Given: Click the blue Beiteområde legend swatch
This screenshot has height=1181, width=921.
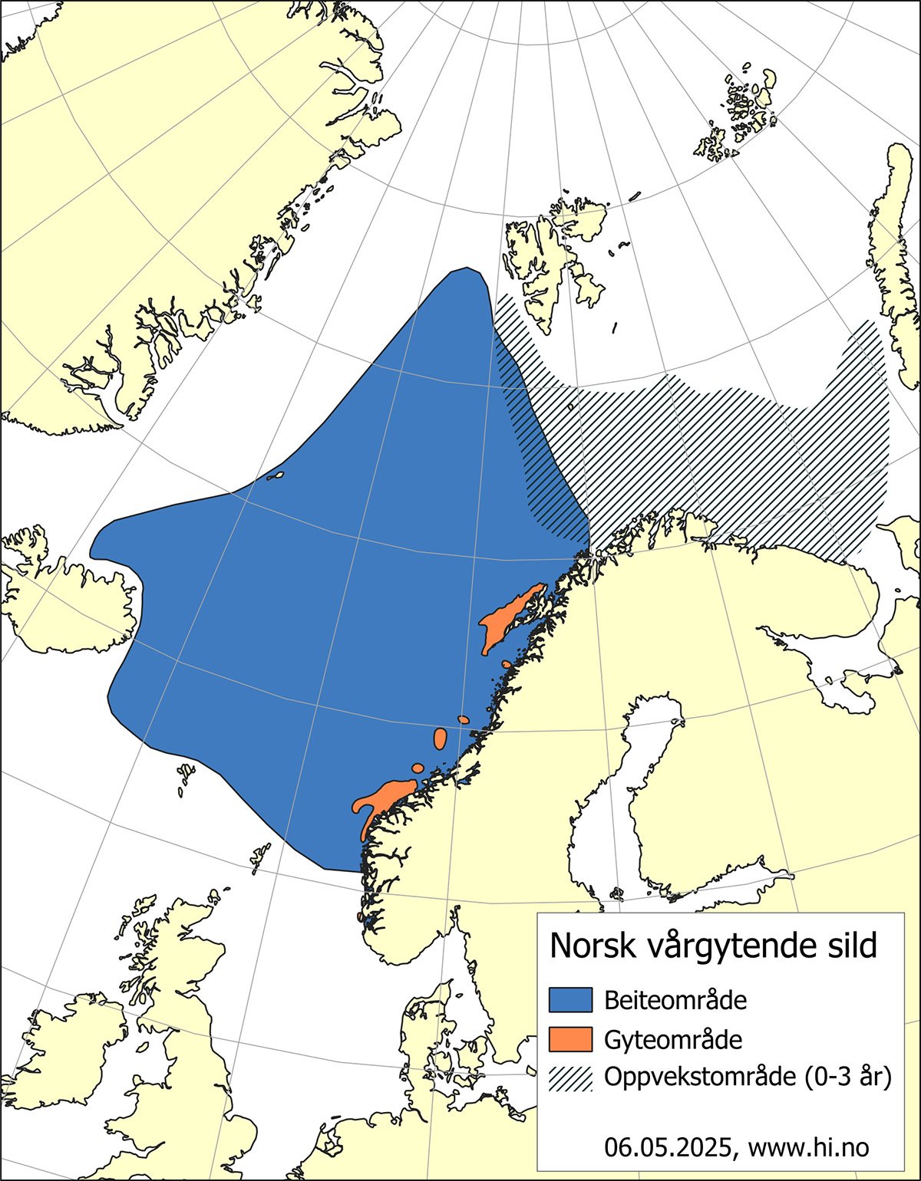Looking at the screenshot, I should [571, 1000].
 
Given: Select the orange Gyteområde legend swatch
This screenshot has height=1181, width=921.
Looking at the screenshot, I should [571, 1039].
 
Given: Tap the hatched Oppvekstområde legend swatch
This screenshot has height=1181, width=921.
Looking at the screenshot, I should [571, 1077].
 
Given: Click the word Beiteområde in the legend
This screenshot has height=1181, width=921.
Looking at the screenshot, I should [675, 1000].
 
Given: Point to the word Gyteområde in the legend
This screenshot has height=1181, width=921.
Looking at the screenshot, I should [673, 1039].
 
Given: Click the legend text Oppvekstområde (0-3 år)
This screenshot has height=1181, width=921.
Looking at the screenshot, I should [748, 1077].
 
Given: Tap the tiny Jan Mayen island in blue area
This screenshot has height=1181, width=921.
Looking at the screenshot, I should [276, 475].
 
